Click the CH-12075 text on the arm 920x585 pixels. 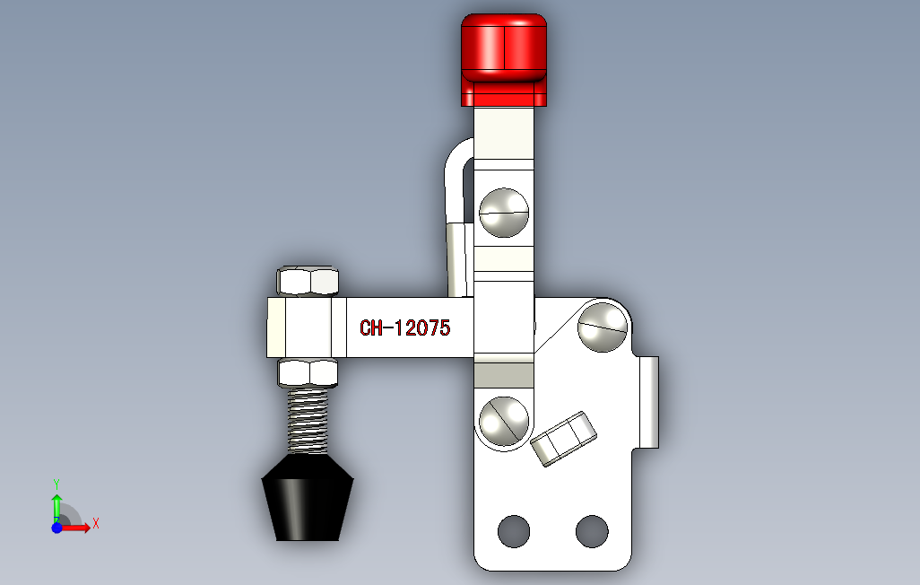coord(404,328)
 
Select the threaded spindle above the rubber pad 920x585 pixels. coord(309,420)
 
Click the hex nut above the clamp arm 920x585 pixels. coord(309,281)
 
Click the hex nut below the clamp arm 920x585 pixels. coord(309,371)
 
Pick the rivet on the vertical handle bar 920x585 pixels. coord(504,212)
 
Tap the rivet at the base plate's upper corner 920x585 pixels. coord(603,327)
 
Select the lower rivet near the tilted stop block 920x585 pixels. coord(503,420)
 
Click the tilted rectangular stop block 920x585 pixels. coord(564,438)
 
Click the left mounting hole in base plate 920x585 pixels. coord(514,531)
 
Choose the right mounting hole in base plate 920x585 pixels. coord(592,531)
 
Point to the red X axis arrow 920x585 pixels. coord(79,528)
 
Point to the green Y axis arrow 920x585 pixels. coord(56,504)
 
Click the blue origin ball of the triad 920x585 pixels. coord(56,528)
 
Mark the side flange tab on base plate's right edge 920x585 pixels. coord(649,401)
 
